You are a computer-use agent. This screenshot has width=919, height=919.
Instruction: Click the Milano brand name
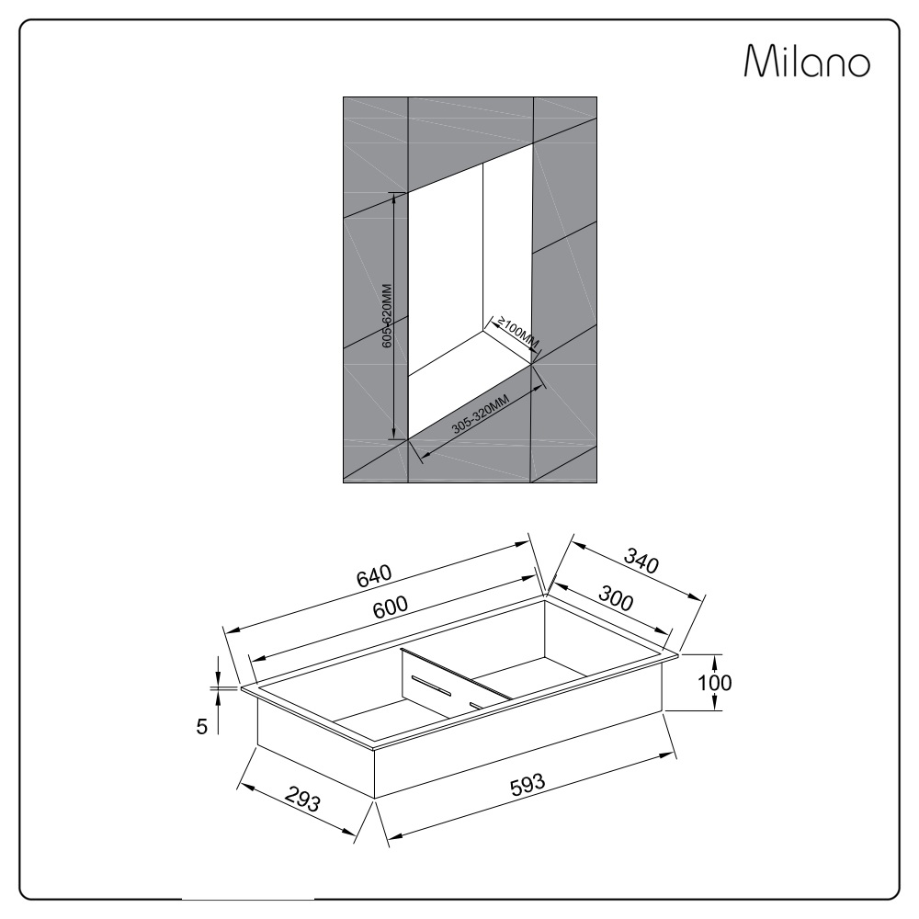coord(807,61)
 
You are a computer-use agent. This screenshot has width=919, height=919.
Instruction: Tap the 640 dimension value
coord(374,575)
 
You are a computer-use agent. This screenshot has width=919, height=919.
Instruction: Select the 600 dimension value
coord(391,607)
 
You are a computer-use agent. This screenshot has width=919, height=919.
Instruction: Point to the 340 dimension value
coord(641,560)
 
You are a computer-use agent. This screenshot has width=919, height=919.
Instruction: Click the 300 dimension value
coord(616,598)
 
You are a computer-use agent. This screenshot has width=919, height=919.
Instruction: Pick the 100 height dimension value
coord(714,682)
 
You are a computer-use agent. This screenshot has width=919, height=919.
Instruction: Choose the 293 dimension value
coord(303,799)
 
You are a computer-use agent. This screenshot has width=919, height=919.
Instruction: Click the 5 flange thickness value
coord(201,727)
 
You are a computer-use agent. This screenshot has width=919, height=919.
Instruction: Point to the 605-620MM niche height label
coord(387,316)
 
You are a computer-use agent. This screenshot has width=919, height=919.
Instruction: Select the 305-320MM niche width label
coord(480,414)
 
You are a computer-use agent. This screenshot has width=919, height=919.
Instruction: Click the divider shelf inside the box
coord(456,684)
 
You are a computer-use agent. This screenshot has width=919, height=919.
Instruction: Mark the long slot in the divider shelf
coord(433,686)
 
